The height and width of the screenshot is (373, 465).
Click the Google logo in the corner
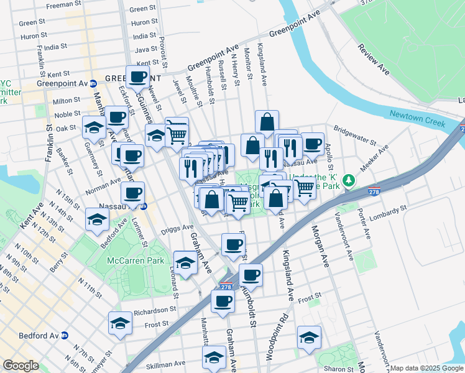coord(21,366)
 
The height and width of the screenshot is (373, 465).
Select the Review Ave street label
coord(374,60)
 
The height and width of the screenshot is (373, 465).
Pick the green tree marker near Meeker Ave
coord(350,180)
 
